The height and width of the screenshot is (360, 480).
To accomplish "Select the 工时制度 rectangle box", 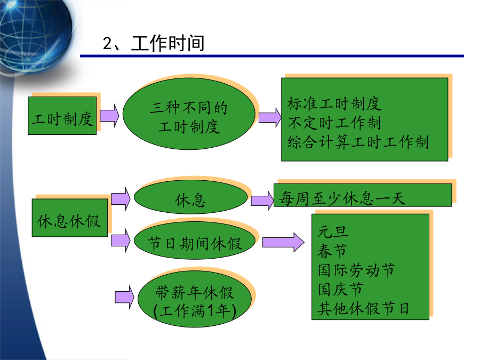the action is [x=62, y=116].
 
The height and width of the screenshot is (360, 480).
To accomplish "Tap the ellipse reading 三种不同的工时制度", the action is [x=189, y=114].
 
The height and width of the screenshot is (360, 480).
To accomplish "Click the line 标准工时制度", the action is [x=334, y=103].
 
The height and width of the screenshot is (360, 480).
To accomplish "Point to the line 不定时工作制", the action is [x=334, y=123].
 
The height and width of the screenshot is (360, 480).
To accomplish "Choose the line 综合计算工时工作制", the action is [x=358, y=142].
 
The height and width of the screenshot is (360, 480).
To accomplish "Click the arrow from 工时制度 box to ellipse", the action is [x=109, y=115].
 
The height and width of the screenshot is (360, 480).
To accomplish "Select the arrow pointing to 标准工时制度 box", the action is [x=270, y=117].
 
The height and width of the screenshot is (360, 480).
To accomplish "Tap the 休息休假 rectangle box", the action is [x=70, y=218].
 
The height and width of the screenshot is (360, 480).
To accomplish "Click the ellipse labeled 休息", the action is [x=191, y=197].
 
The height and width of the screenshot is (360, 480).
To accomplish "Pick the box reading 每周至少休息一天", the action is [x=363, y=195].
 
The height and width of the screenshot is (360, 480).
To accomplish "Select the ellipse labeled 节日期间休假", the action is [x=195, y=241].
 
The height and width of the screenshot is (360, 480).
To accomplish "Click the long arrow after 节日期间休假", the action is [x=283, y=242].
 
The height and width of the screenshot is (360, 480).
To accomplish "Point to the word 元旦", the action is [x=333, y=232].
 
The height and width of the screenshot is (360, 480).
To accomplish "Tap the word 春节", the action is [x=332, y=251].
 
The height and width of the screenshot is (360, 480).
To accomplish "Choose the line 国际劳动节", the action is [x=356, y=270].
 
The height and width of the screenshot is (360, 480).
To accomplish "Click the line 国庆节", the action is [x=340, y=289].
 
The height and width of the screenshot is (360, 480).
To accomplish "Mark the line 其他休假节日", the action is [x=363, y=309].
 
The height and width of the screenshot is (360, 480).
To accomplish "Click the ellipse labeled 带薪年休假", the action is [x=195, y=299].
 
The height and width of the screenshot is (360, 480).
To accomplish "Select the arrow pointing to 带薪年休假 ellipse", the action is [x=124, y=297].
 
